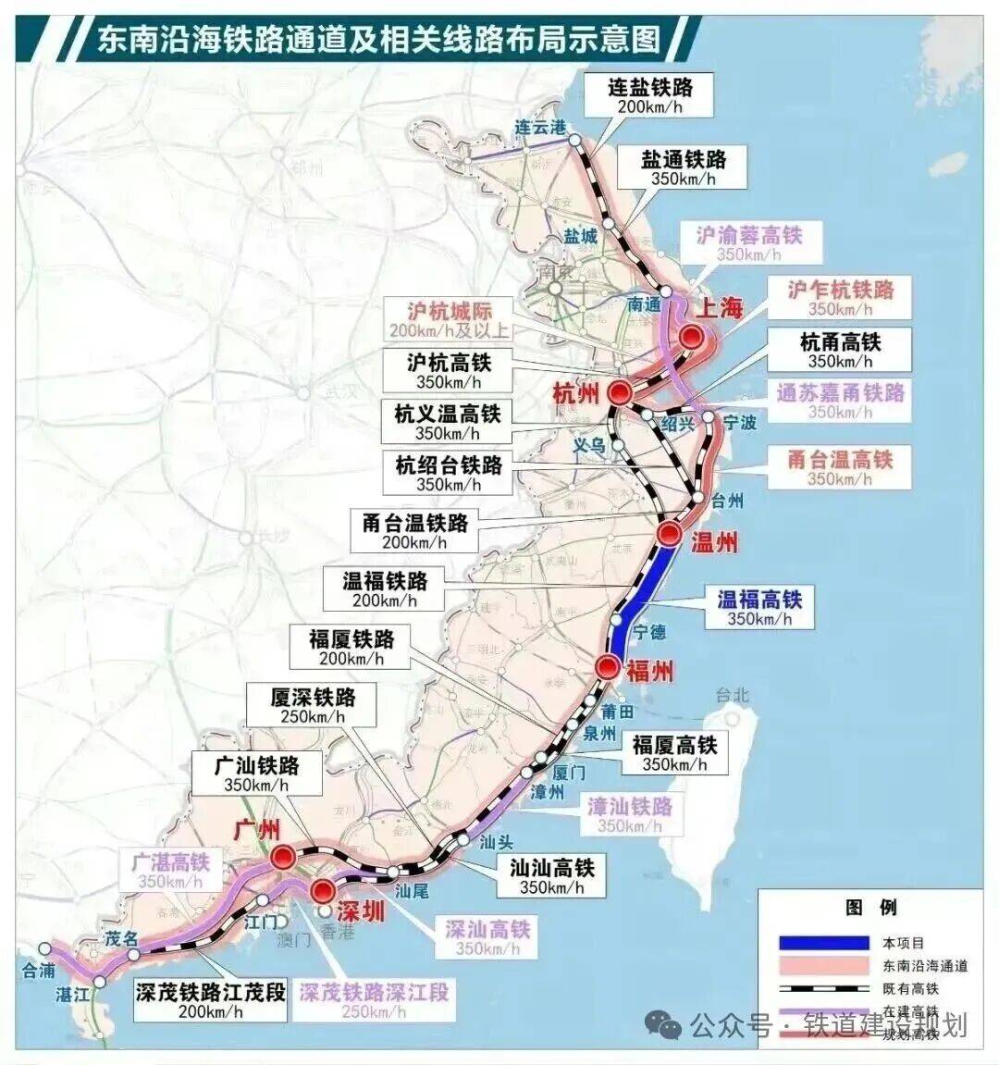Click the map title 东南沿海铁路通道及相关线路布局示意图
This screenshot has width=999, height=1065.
point(379,40)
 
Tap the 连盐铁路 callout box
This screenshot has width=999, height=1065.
point(650,95)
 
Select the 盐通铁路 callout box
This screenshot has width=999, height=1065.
point(684,167)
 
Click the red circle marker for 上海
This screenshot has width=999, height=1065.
point(690,339)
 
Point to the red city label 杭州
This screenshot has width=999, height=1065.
point(575,393)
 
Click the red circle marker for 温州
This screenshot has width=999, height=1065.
point(670,533)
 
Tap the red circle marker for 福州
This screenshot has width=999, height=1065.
point(608,666)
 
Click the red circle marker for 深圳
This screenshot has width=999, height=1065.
point(323,891)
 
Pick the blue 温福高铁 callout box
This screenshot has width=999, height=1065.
point(759,608)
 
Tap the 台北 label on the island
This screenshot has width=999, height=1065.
point(731,694)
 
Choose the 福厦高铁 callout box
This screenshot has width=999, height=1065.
point(674,753)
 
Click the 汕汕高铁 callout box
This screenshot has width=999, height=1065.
point(552,875)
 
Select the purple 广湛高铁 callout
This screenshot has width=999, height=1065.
point(170,871)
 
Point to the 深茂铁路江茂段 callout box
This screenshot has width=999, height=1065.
point(210,1001)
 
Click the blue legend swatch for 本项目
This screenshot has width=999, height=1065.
point(824,943)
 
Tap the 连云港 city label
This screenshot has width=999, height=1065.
point(539,127)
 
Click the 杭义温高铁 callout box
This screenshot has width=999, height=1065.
point(447,423)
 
